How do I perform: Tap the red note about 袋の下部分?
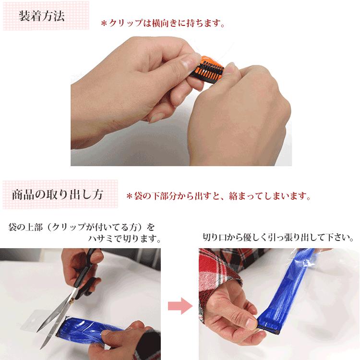coord(218,196)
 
